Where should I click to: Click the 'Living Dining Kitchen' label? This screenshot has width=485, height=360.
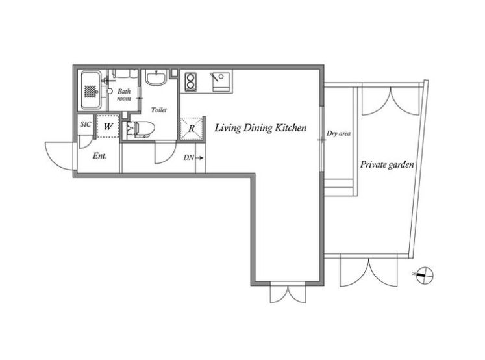coord(260,128)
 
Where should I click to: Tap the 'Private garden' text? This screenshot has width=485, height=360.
coord(387,164)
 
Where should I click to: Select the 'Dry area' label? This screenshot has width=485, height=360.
coord(339,133)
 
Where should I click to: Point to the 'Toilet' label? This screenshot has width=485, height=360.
coord(158,110)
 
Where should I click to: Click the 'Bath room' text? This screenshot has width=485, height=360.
coord(124,95)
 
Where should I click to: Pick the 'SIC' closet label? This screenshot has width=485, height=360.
coord(86,124)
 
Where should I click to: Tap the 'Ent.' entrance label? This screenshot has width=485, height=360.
coord(99,156)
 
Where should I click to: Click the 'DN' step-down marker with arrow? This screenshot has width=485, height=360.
coord(193,157)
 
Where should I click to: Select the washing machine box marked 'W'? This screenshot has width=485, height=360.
coord(108,126)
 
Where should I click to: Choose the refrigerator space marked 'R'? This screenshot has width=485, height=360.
coord(192,129)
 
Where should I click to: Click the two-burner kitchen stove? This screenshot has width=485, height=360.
coord(190,81)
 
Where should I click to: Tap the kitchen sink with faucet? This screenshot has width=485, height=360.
coord(221,82)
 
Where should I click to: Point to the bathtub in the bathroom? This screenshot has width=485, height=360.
coord(91,90)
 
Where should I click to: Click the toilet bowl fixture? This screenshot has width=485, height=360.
coord(140,129)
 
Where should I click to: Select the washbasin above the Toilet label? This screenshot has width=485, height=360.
coord(156,77)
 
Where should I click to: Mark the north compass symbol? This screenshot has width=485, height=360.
coord(425,275)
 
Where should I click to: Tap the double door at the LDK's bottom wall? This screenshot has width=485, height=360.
coord(288,292)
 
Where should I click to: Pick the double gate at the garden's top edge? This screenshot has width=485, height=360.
coord(391,101)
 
